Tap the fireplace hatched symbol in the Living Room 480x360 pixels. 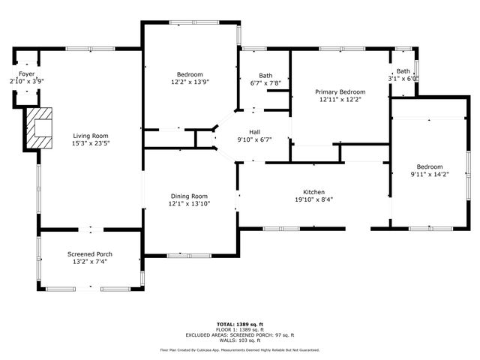point(40,128)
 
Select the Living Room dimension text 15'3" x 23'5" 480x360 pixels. point(91,143)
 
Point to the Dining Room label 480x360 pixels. point(189,196)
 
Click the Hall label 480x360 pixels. point(254,132)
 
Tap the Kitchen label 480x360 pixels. point(313,192)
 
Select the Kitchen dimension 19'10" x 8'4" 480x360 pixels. point(313,199)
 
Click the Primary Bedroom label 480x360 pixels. point(340,91)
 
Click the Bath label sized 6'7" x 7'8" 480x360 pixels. point(265,75)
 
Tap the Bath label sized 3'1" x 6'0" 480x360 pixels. point(403,70)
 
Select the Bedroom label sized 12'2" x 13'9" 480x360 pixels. point(190,74)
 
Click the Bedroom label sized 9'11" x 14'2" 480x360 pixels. point(429,166)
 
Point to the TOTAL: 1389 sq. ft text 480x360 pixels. point(239,323)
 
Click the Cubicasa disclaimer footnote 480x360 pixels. point(239,349)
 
